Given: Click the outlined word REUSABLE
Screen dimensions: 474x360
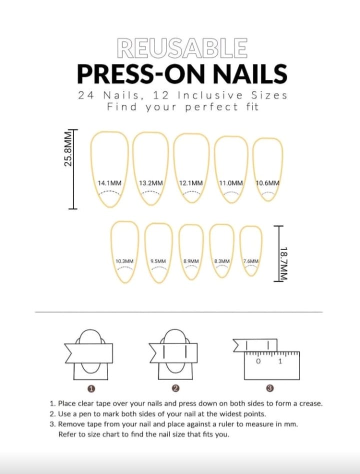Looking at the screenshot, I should pyautogui.click(x=181, y=48).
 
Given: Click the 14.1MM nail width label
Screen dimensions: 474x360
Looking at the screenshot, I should pyautogui.click(x=109, y=183).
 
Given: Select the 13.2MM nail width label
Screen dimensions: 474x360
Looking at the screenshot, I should pyautogui.click(x=151, y=183).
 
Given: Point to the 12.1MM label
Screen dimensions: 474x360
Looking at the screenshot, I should pyautogui.click(x=191, y=183).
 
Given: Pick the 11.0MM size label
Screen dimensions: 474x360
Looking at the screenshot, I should pyautogui.click(x=231, y=183).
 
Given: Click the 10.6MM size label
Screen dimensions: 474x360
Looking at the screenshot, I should pyautogui.click(x=267, y=183).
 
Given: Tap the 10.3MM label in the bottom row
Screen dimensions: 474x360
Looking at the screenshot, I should pyautogui.click(x=124, y=261).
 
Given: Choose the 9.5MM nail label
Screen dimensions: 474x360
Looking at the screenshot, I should pyautogui.click(x=158, y=261).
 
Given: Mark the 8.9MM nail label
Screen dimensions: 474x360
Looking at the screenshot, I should pyautogui.click(x=191, y=261).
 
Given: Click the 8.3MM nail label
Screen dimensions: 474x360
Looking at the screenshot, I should pyautogui.click(x=222, y=261).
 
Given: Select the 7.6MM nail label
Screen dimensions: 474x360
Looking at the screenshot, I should pyautogui.click(x=251, y=261).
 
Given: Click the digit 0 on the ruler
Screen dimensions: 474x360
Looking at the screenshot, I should pyautogui.click(x=258, y=361).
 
